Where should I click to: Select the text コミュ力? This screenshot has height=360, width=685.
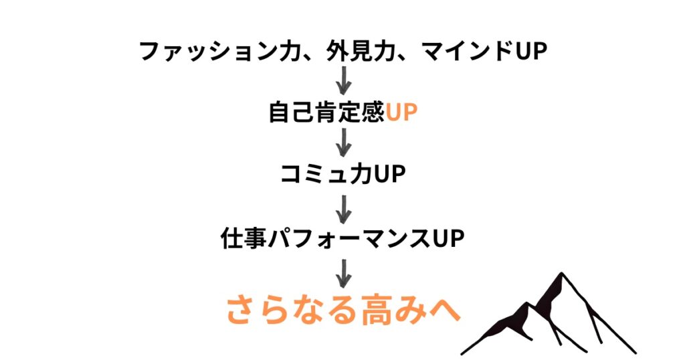point(325,175)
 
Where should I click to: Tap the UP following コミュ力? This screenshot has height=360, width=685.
point(390,175)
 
